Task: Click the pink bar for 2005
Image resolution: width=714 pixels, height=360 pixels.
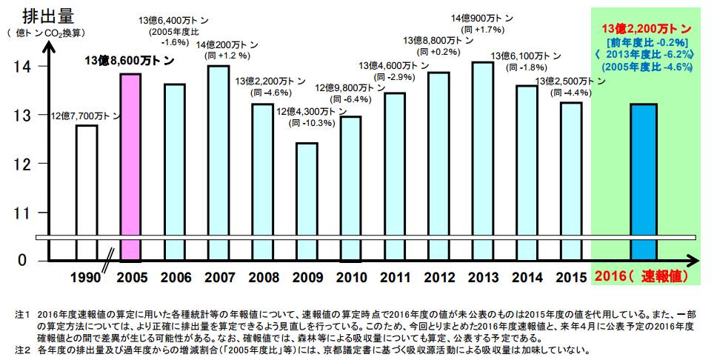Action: (130, 167)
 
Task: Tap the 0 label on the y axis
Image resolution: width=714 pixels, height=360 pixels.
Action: (22, 261)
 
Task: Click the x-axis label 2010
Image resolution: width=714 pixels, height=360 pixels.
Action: (351, 278)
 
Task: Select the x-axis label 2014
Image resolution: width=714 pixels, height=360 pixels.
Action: (527, 278)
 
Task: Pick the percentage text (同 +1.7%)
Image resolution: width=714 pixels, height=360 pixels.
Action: (482, 30)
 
